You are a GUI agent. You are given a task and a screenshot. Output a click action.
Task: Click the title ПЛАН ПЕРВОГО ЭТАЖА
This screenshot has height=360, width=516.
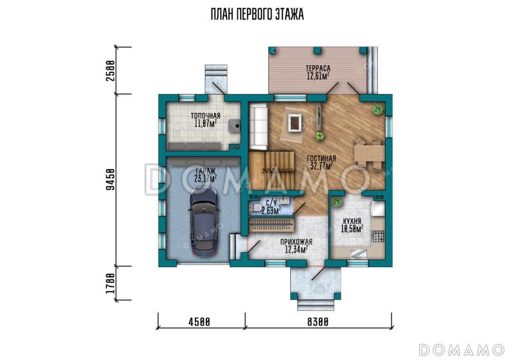257,14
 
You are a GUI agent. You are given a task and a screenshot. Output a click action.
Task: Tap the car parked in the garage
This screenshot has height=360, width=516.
203,221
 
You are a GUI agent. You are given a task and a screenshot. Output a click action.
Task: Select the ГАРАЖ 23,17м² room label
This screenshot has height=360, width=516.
206,175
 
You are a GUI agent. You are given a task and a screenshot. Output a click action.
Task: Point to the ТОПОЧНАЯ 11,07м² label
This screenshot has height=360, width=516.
206,120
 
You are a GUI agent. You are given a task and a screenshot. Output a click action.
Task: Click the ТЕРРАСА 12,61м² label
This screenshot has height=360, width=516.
318,72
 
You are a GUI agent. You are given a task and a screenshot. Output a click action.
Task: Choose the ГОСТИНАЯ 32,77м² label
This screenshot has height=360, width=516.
321,162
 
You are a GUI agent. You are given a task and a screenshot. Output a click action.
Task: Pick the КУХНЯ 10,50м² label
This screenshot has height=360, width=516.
352,225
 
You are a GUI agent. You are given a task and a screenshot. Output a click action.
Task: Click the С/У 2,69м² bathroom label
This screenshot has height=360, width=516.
271,207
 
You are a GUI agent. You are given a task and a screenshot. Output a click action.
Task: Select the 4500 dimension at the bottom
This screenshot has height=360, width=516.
199,321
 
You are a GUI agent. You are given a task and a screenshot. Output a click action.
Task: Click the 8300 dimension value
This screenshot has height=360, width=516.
318,321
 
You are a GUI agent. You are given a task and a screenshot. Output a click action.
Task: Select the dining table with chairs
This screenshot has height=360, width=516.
369,154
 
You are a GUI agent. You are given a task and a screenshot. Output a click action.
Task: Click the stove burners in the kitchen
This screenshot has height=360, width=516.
378,236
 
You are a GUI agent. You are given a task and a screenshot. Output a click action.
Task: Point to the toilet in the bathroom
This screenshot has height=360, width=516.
255,207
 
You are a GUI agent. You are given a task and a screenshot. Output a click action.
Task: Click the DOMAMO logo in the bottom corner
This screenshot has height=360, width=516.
461,350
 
